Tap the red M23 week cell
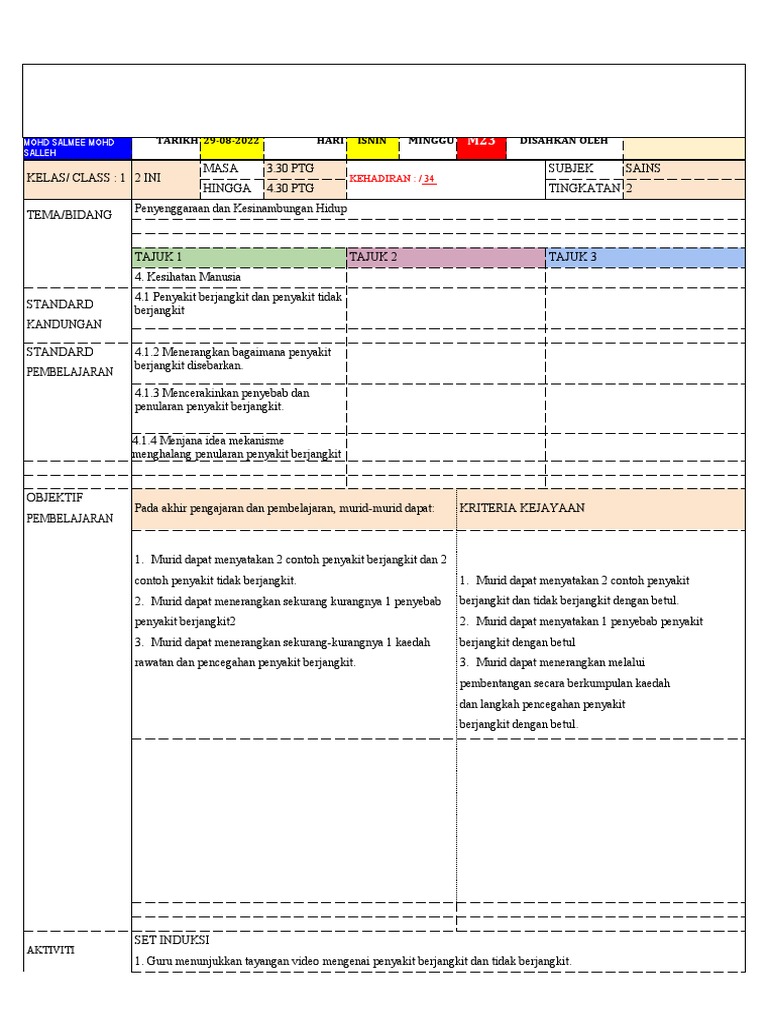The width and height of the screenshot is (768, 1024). [481, 143]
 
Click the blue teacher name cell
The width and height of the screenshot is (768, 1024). [77, 148]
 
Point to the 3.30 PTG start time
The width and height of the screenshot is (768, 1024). [290, 169]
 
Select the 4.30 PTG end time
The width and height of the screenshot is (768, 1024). [290, 188]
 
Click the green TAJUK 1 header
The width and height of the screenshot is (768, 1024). [238, 257]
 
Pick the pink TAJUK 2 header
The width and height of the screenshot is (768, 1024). [445, 257]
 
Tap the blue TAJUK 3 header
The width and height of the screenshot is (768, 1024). [645, 257]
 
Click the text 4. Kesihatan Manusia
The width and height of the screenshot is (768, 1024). [187, 277]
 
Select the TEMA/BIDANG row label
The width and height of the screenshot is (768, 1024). [69, 214]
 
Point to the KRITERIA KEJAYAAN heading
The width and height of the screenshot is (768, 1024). [522, 508]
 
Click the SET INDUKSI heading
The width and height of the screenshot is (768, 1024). [172, 941]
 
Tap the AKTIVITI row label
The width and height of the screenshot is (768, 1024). [50, 950]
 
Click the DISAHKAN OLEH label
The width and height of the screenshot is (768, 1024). [563, 141]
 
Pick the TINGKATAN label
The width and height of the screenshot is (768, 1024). [584, 188]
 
